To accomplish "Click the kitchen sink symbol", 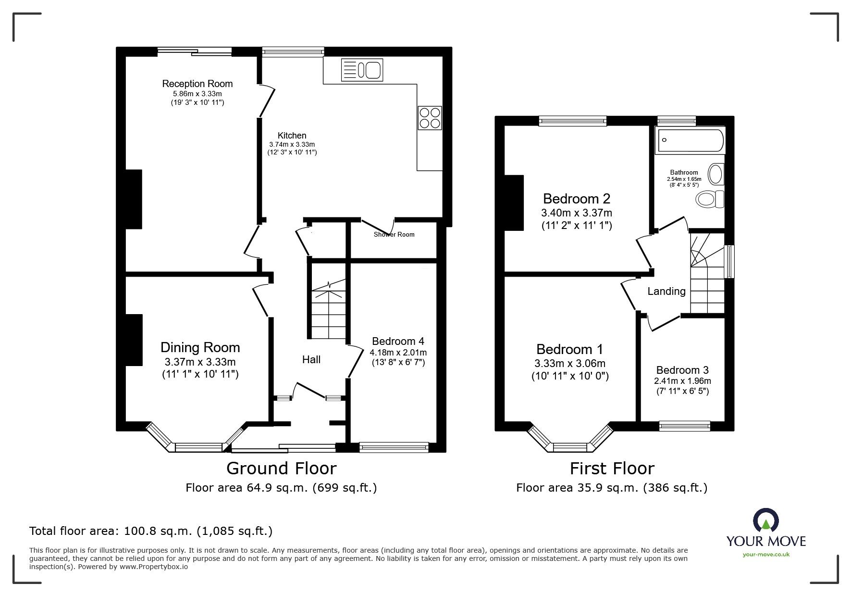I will point(361,70).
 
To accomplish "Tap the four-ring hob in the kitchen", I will point(430,117).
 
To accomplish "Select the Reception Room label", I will point(197,84).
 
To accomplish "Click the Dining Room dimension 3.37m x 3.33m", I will point(200,362).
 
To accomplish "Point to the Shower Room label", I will point(394,235).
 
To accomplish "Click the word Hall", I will point(311,359).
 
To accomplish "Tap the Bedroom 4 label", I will point(398,341).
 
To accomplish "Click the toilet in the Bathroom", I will point(710,199).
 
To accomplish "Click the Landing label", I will point(666,291).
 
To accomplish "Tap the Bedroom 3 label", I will point(682,370).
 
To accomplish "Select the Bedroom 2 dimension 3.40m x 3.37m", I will point(577,213).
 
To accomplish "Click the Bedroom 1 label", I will point(569,349).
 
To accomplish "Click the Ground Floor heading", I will point(281,468).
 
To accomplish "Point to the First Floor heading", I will point(612,468).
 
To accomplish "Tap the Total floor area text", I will point(151,531).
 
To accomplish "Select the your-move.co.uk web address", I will point(766,554).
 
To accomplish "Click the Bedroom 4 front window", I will point(394,447).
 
